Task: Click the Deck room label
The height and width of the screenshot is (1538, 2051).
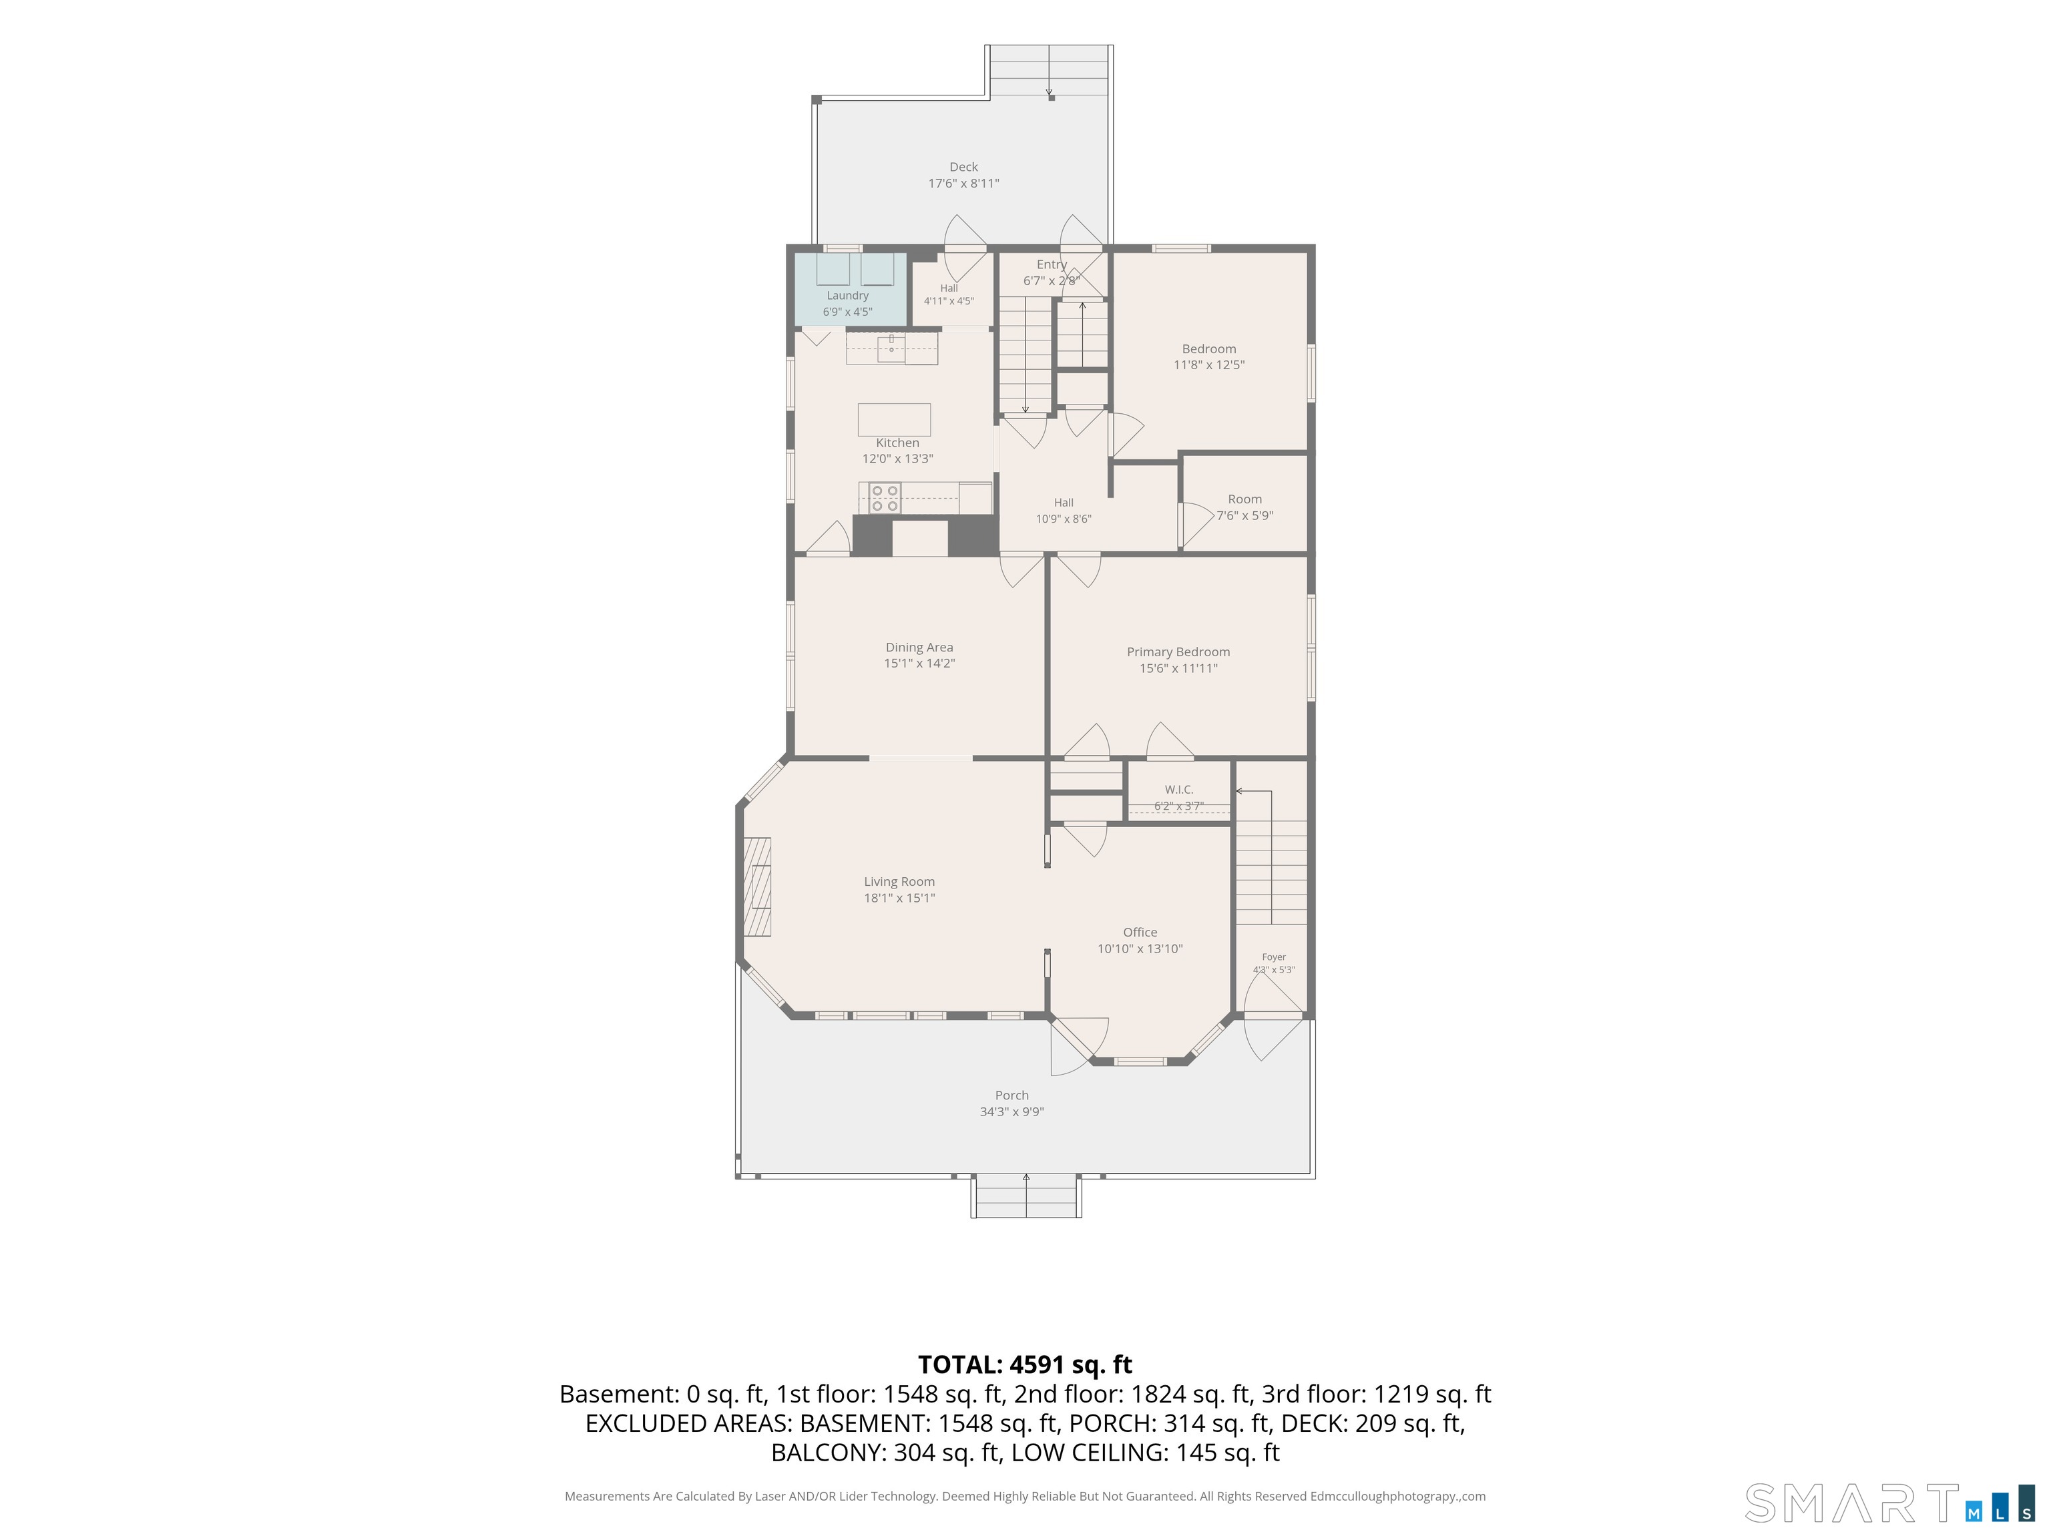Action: click(x=963, y=167)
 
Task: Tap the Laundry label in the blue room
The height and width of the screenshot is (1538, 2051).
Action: click(x=847, y=296)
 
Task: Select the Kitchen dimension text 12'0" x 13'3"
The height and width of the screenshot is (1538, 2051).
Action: click(x=897, y=459)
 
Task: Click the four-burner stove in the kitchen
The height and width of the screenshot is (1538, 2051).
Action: click(x=885, y=498)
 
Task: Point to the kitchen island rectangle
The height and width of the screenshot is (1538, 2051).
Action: click(x=894, y=419)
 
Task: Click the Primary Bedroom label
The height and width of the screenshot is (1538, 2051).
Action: click(x=1178, y=652)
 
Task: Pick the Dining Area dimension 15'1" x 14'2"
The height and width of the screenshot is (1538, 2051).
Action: click(x=919, y=664)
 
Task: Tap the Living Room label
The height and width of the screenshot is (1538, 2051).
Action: click(x=899, y=882)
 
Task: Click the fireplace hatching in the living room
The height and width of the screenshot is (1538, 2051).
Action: click(x=758, y=887)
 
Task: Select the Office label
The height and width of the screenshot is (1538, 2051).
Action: click(x=1140, y=933)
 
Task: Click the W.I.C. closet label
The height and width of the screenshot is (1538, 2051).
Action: click(x=1178, y=790)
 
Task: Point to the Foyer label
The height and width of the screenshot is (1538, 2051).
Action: click(x=1274, y=957)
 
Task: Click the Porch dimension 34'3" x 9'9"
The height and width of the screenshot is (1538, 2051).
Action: click(x=1011, y=1111)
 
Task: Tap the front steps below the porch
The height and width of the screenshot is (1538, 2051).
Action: click(x=1025, y=1197)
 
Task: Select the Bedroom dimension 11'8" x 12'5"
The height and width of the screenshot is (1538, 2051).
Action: click(x=1209, y=365)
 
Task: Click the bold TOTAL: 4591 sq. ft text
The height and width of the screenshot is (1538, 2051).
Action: click(x=1025, y=1364)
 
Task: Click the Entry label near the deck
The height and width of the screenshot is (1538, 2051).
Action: click(x=1052, y=264)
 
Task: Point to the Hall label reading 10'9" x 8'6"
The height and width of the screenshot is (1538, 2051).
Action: click(x=1064, y=511)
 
